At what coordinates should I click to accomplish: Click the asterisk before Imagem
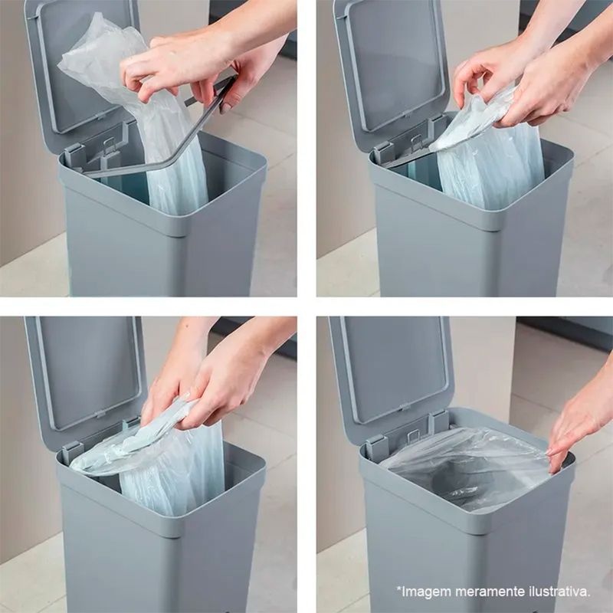tap(399, 588)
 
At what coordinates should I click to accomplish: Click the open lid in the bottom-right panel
tap(391, 375)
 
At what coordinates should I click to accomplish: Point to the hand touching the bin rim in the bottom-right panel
tap(579, 422)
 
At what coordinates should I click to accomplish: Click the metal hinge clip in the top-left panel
tap(109, 146)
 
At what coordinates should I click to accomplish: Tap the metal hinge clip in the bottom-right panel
tap(414, 436)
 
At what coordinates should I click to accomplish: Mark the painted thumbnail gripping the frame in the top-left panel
tap(225, 107)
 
